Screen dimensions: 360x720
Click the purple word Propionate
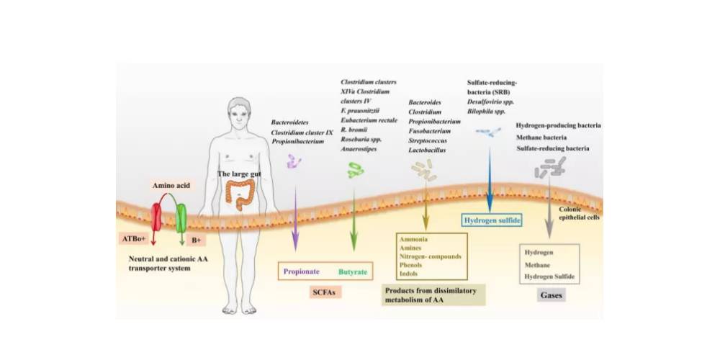tap(302, 272)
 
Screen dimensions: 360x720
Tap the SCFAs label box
tap(325, 294)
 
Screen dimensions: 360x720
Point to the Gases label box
tap(551, 295)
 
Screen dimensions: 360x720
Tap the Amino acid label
tap(171, 186)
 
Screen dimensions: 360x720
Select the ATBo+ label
tap(134, 238)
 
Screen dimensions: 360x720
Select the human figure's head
tap(238, 112)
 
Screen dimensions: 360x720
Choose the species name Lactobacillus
tap(427, 150)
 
